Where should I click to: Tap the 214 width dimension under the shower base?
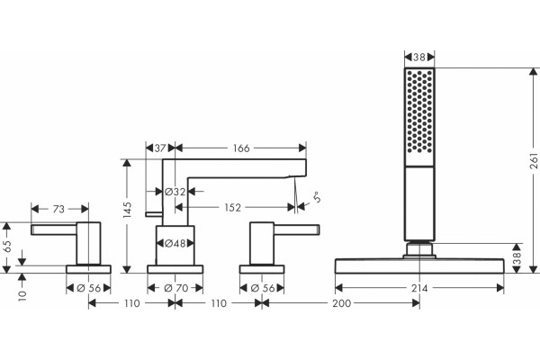(x=419, y=288)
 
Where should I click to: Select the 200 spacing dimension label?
(x=342, y=303)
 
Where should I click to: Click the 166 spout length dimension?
(x=241, y=148)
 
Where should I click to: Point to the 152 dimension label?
(x=232, y=207)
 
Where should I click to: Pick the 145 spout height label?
(x=127, y=210)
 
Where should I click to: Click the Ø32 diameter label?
(x=175, y=192)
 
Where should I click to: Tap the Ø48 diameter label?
(x=175, y=244)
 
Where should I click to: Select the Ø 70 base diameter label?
(x=175, y=288)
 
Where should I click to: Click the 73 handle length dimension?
(x=58, y=209)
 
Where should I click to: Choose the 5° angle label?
(x=317, y=197)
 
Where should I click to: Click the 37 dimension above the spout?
(x=160, y=148)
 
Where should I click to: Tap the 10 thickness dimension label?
(x=22, y=295)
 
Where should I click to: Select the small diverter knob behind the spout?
(x=154, y=214)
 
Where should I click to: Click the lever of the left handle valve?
(x=54, y=229)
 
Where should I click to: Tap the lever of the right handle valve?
(x=296, y=229)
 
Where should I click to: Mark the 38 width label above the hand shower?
(x=419, y=57)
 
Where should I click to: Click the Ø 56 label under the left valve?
(x=89, y=288)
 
